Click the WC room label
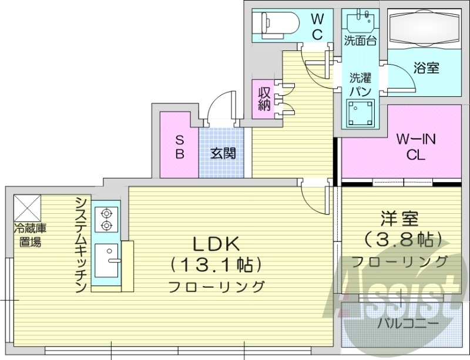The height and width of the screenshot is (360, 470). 317,26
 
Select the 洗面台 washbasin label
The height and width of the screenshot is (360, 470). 360,42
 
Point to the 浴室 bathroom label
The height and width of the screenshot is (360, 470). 426,68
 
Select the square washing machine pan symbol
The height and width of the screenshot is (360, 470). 360,112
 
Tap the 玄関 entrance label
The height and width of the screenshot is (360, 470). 223,154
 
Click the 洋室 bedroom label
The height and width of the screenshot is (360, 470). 399,218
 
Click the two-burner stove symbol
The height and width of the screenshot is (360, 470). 106,218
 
